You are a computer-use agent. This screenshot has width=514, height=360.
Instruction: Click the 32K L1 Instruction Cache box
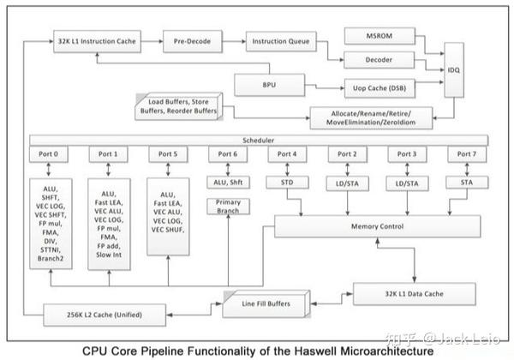97,39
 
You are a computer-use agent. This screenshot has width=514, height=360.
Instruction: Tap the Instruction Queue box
280,39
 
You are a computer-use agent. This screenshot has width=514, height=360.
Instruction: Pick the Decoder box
378,60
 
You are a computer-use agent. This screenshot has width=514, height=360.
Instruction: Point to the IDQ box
455,70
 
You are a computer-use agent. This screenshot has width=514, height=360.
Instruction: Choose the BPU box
267,84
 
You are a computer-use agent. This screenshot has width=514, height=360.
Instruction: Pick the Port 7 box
463,154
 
